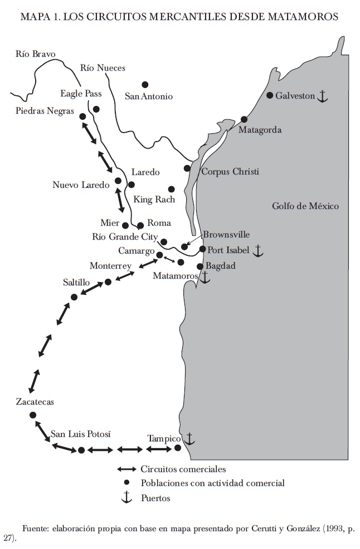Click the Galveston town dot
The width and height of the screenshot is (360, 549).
point(270,95)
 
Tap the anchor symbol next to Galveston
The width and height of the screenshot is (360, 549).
point(322,96)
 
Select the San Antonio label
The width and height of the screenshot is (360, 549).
point(149,96)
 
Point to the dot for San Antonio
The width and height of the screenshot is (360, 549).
point(145,85)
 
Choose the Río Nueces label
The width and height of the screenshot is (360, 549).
point(103,68)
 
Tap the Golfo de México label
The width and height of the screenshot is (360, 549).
point(305,206)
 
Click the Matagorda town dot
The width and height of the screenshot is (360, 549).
point(244,119)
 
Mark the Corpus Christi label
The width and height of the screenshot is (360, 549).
point(230,172)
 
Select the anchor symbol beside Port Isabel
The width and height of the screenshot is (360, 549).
point(257,251)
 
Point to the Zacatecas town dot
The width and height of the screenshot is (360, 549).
point(33,415)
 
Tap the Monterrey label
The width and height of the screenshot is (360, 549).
point(110,266)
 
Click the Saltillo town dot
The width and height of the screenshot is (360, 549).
point(74,297)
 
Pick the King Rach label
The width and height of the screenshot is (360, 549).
point(154,200)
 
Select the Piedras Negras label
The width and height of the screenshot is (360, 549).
point(45,111)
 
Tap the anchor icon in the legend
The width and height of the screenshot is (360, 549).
point(127,497)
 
